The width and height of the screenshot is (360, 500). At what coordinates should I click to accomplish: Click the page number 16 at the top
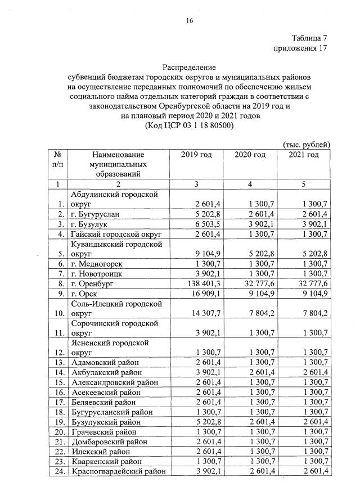point(190,21)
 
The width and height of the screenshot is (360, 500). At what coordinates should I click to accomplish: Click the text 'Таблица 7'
point(309,38)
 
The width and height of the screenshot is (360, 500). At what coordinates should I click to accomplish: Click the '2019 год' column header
point(196,155)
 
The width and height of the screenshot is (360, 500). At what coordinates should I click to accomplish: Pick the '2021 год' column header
point(304,155)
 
